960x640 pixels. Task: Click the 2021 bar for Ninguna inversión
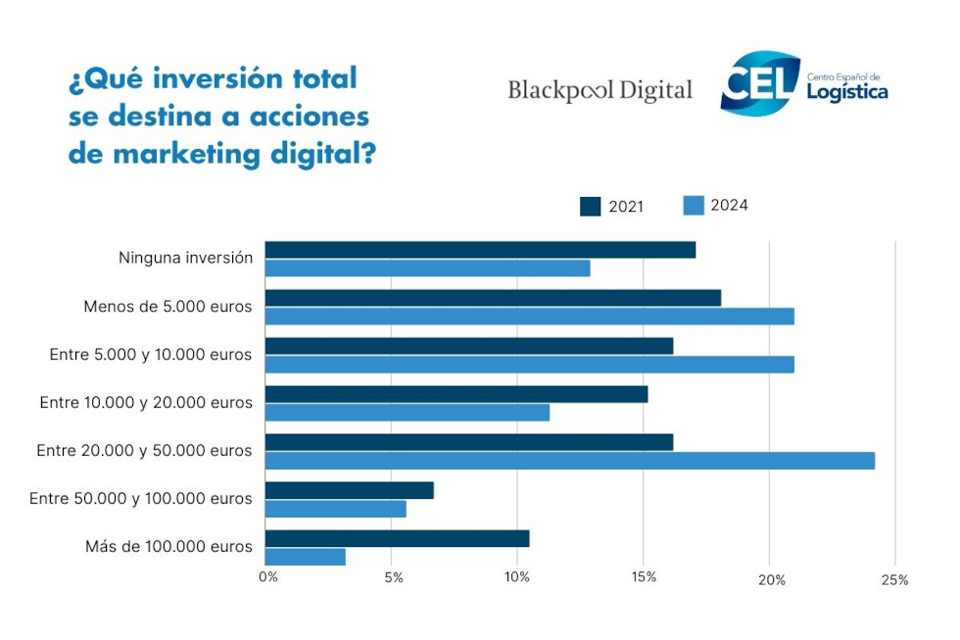[x=480, y=250]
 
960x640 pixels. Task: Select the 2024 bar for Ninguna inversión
[x=427, y=269]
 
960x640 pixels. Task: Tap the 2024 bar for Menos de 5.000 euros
[x=529, y=317]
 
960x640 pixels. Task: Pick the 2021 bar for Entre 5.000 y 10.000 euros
[x=468, y=346]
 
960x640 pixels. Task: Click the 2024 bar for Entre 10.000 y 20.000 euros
[x=407, y=413]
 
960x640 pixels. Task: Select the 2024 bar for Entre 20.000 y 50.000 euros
[x=569, y=461]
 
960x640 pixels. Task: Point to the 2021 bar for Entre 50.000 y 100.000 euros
[x=349, y=490]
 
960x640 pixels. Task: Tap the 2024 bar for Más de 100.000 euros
[x=305, y=557]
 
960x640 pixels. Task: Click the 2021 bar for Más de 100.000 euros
[x=397, y=538]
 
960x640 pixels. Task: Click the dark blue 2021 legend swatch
[x=591, y=206]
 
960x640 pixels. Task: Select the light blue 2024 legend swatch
[x=694, y=205]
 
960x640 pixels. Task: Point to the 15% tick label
[x=644, y=576]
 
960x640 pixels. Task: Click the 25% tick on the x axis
[x=894, y=579]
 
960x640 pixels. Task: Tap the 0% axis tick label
[x=267, y=576]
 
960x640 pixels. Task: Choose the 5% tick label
[x=393, y=577]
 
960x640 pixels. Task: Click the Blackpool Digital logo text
[x=600, y=91]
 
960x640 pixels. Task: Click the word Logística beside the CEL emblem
[x=847, y=92]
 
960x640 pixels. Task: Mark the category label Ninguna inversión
[x=185, y=259]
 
